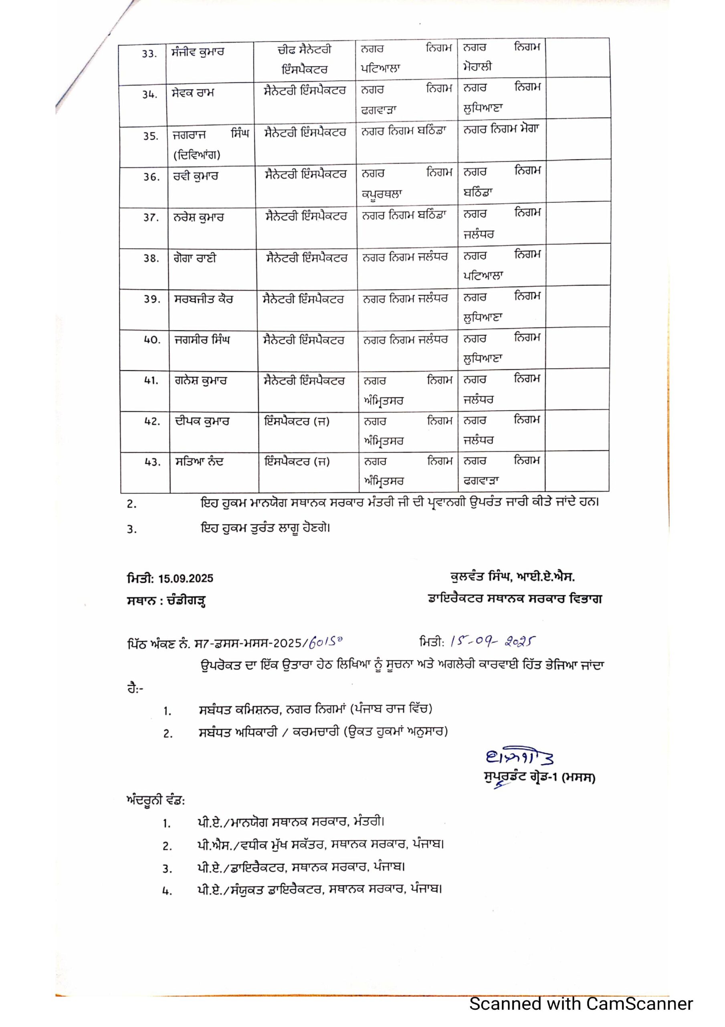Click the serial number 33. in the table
(149, 54)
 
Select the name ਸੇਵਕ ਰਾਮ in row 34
(193, 93)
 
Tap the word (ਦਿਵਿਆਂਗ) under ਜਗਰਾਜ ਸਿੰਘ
(197, 155)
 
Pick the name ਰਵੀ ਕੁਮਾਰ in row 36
(196, 176)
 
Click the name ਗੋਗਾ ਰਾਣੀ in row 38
(195, 258)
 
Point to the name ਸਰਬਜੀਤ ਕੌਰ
(203, 299)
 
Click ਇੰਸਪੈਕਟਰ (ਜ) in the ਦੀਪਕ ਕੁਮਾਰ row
(297, 421)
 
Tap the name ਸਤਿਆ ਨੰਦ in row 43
(199, 462)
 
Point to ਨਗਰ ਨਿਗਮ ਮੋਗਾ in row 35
(501, 129)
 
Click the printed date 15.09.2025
(186, 578)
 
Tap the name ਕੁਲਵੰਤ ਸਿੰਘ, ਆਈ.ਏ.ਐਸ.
(512, 577)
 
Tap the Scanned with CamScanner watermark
(581, 1003)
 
